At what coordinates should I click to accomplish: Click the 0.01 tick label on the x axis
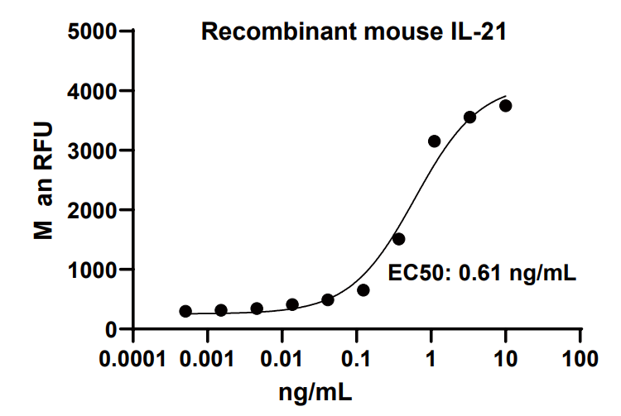point(282,361)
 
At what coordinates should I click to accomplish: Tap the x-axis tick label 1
point(431,361)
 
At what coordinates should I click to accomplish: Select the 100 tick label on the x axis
point(580,361)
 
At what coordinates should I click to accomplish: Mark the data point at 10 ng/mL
point(506,106)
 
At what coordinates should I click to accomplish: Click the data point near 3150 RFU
point(434,141)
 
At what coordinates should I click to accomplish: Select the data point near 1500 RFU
point(398,239)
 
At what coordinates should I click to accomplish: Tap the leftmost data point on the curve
point(185,311)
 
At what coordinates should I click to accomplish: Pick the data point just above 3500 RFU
point(469,117)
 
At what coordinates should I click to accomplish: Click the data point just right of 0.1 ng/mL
point(363,290)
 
